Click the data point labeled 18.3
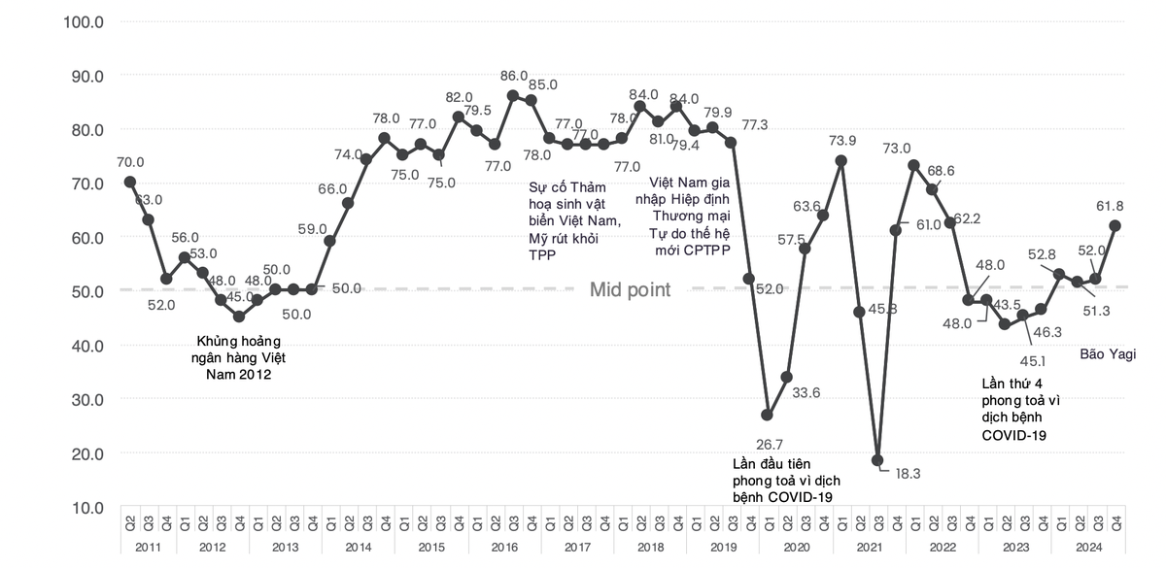point(877,460)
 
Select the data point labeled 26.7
point(768,415)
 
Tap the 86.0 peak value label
point(513,76)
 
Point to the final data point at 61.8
point(1115,225)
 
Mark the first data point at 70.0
point(130,182)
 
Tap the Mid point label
point(631,289)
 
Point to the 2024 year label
point(1089,548)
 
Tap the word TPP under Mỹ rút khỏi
point(542,254)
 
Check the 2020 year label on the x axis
point(797,548)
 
